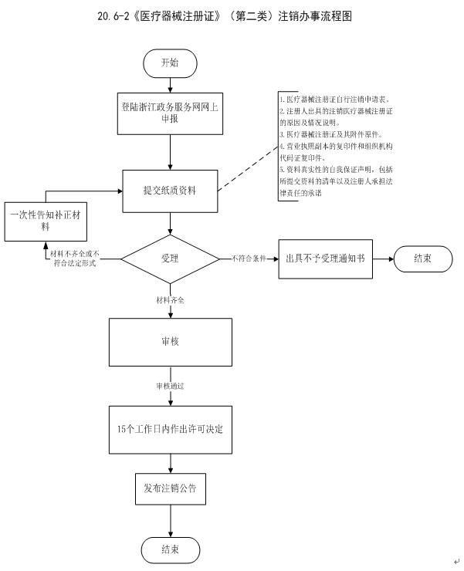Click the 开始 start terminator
(170, 63)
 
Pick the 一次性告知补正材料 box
(45, 222)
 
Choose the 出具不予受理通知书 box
(325, 258)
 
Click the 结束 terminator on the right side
(422, 258)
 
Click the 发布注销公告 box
(169, 488)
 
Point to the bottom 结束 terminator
(170, 549)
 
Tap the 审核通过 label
(170, 384)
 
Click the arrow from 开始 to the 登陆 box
(170, 86)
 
